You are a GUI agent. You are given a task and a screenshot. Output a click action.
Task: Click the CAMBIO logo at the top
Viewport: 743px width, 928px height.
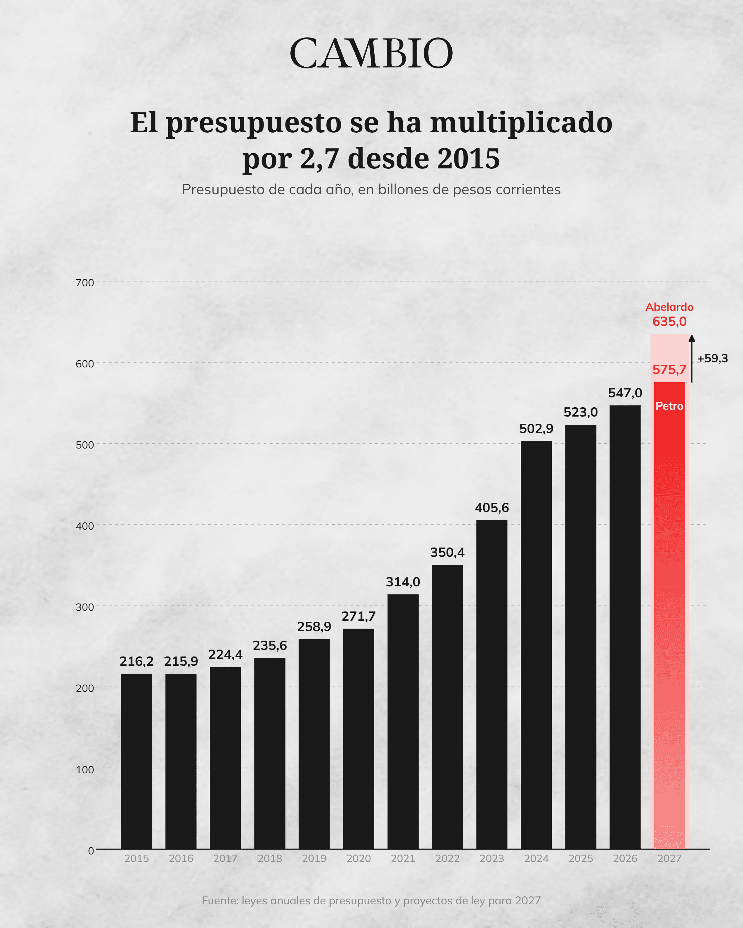click(x=371, y=53)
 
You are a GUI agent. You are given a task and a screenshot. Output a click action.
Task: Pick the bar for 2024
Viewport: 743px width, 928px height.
click(x=536, y=645)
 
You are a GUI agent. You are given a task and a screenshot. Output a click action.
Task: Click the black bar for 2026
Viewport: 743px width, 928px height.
click(x=625, y=627)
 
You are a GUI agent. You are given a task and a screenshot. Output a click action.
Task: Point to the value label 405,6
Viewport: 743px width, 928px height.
click(x=492, y=508)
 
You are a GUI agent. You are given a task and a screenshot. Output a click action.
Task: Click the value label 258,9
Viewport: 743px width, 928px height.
click(x=314, y=627)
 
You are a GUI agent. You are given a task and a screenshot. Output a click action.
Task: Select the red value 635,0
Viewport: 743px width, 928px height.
click(x=669, y=321)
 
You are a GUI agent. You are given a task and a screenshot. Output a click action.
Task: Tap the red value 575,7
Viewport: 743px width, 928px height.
click(x=669, y=370)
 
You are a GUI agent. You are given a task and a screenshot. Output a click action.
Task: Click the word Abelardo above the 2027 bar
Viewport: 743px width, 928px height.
click(x=669, y=307)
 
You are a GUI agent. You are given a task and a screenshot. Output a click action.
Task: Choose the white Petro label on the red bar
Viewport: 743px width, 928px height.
click(x=669, y=406)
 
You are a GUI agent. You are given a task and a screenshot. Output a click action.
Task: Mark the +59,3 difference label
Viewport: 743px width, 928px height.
click(x=712, y=358)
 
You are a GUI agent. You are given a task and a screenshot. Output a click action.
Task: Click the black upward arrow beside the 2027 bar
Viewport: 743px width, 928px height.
click(x=692, y=358)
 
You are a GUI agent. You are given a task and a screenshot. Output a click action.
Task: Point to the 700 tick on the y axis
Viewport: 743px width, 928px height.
click(x=85, y=283)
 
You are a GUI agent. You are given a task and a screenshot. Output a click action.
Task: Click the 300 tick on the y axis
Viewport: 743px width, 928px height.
click(x=85, y=607)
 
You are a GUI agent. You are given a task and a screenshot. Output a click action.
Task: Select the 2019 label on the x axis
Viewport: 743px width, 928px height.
click(x=314, y=859)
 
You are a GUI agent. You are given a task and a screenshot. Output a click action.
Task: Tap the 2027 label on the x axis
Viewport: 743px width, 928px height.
click(x=669, y=859)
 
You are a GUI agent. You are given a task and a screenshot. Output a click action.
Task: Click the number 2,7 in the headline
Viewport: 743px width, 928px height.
click(x=319, y=159)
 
